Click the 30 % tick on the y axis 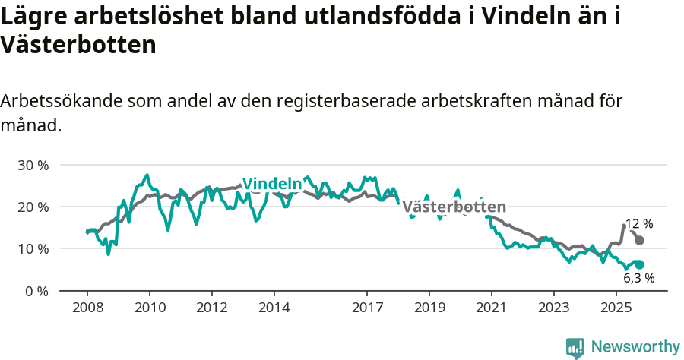coord(33,165)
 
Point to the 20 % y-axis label coord(33,207)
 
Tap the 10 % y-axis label coord(33,249)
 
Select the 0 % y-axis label coord(36,291)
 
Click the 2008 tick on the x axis coord(87,308)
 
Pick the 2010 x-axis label coord(149,308)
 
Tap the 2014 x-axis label coord(274,308)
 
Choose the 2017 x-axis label coord(367,308)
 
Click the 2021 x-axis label coord(491,308)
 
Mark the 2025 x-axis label coord(616,308)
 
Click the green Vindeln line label coord(271,184)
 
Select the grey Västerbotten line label coord(454,207)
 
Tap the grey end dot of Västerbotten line coord(640,240)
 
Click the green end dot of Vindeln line coord(640,264)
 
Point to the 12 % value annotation coord(639,224)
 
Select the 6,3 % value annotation coord(638,278)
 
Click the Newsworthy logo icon coord(575,347)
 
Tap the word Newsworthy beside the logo coord(635,346)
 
